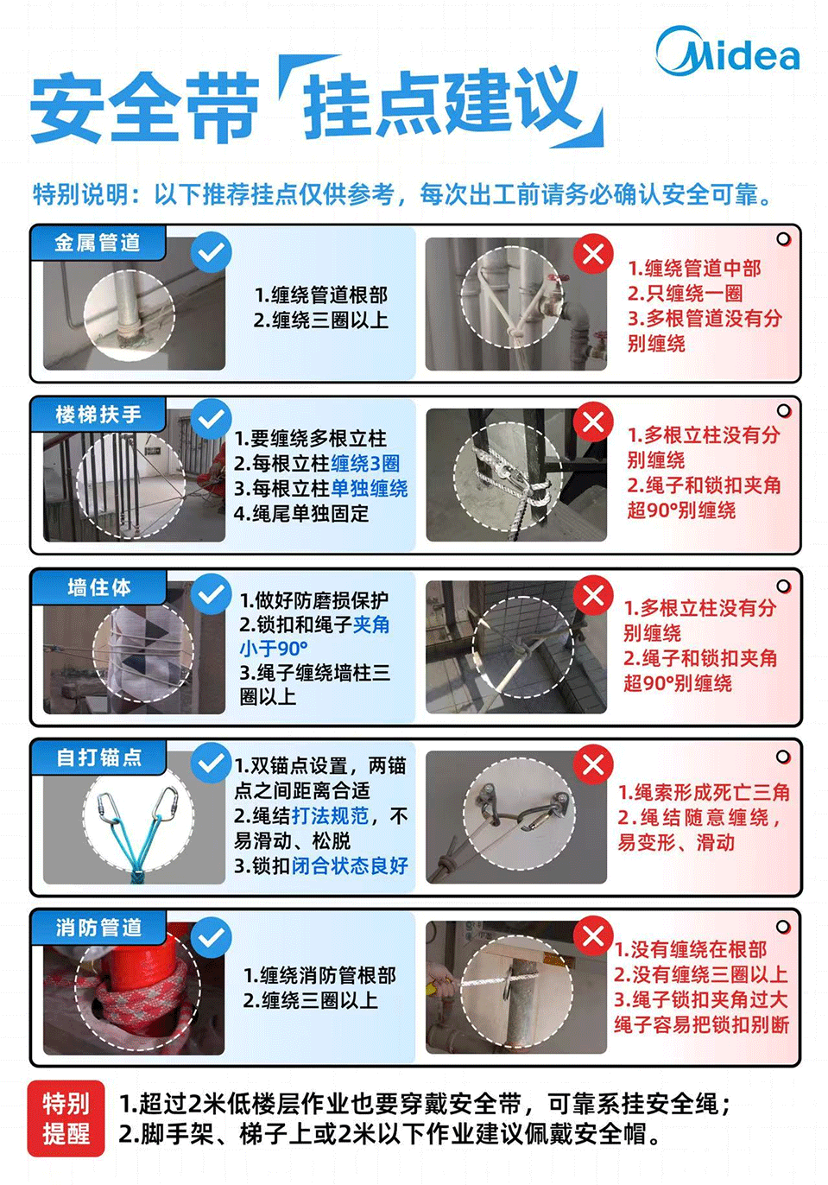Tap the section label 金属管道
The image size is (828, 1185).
pos(97,243)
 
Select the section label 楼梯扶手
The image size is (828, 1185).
pos(98,415)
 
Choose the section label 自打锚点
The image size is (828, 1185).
pos(98,757)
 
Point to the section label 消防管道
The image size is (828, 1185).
pos(98,928)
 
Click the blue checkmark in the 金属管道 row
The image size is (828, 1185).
pos(211,252)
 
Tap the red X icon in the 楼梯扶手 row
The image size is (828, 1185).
pos(593,422)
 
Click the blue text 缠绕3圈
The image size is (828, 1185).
pos(365,464)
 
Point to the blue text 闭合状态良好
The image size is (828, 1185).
pos(350,865)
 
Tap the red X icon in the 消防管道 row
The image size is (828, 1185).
pos(593,936)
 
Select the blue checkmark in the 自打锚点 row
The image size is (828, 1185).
pos(211,764)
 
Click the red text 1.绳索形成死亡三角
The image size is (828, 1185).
pos(704,792)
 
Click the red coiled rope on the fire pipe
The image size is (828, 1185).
pos(142,993)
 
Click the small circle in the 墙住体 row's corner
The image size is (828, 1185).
pos(783,586)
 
